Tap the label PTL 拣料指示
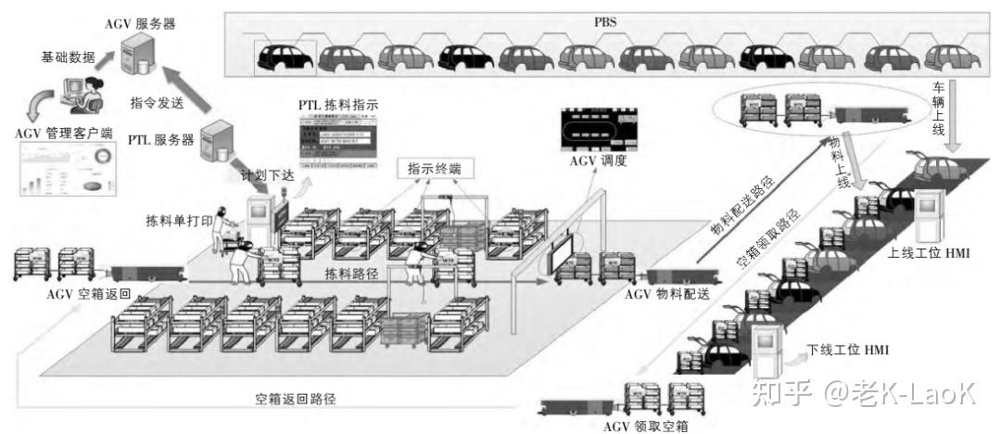click(x=338, y=105)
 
